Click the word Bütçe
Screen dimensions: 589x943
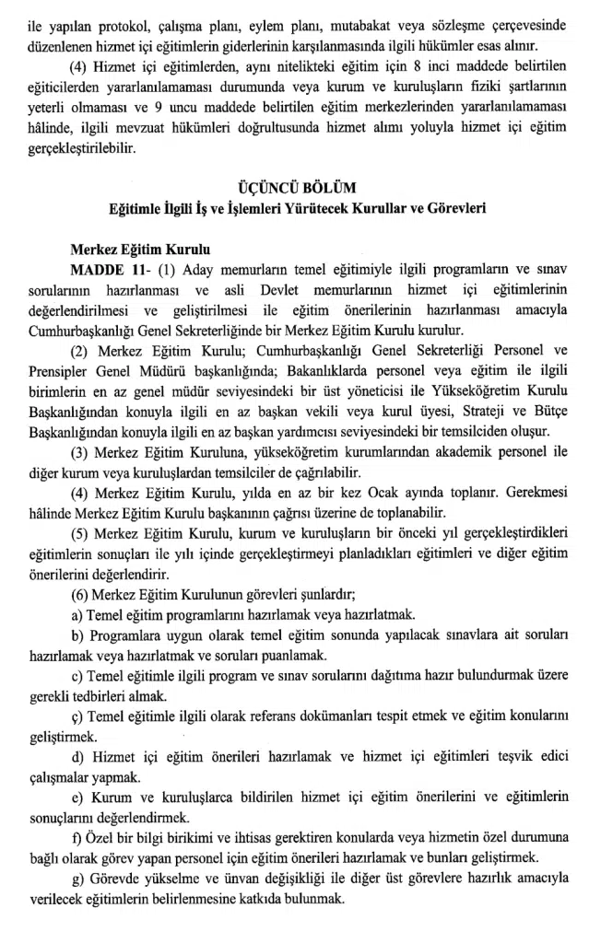[x=549, y=410]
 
